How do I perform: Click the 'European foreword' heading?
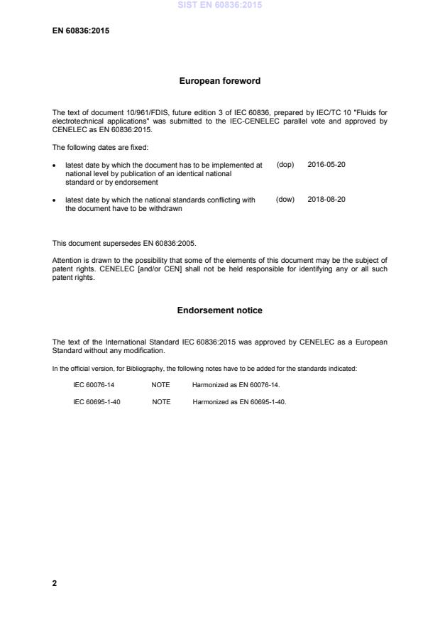pyautogui.click(x=219, y=81)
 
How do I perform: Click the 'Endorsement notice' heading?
pyautogui.click(x=219, y=310)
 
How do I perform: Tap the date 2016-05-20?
pyautogui.click(x=326, y=164)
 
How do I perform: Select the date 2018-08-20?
pyautogui.click(x=326, y=200)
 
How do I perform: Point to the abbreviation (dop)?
pyautogui.click(x=285, y=164)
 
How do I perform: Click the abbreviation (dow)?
pyautogui.click(x=285, y=200)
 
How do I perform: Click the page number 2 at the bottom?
pyautogui.click(x=55, y=583)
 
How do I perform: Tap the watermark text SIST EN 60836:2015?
pyautogui.click(x=220, y=5)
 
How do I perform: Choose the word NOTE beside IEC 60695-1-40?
pyautogui.click(x=161, y=401)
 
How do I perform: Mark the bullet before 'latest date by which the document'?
pyautogui.click(x=55, y=165)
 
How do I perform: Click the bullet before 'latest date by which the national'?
pyautogui.click(x=55, y=200)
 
